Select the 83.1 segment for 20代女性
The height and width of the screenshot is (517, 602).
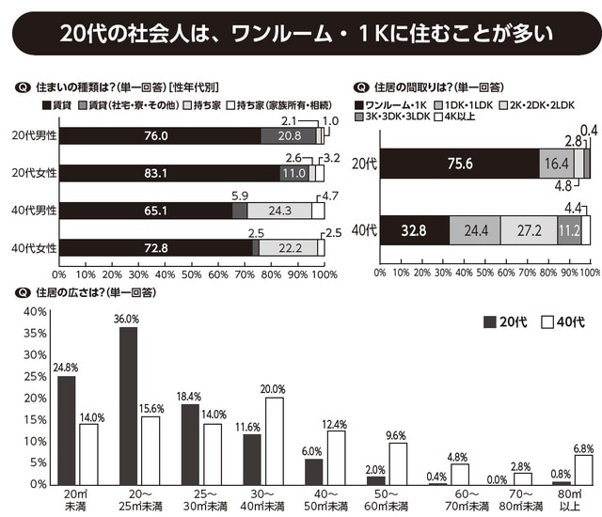point(156,173)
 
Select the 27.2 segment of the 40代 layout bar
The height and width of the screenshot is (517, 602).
point(529,229)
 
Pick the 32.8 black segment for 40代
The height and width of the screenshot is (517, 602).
point(414,229)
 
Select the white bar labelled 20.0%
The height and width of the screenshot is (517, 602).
point(272,440)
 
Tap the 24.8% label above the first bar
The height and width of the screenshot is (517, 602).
point(66,367)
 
